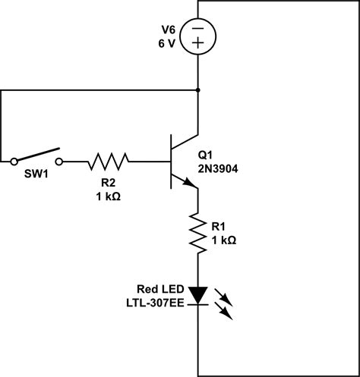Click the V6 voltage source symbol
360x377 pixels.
(x=197, y=36)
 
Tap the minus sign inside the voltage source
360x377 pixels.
(x=197, y=27)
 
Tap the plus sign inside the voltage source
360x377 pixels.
(x=197, y=45)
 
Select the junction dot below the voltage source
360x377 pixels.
(x=197, y=90)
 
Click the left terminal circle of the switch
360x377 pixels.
(x=14, y=161)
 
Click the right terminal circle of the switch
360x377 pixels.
(x=61, y=161)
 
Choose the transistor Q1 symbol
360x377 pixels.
(x=179, y=161)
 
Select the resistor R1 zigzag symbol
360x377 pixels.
(x=197, y=235)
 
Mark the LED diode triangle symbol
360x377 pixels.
(x=197, y=294)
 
